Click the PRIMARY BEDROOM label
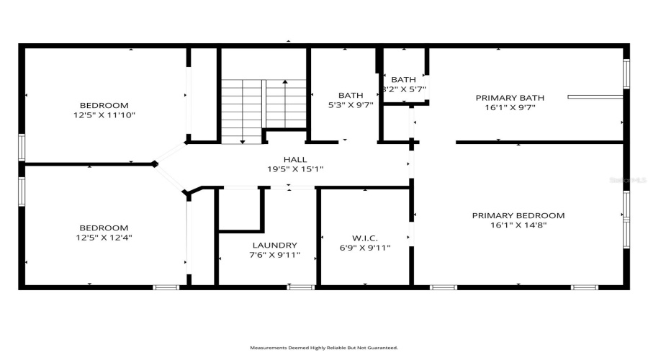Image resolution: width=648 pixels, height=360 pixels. click(x=518, y=215)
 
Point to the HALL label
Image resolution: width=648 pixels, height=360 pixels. click(x=294, y=160)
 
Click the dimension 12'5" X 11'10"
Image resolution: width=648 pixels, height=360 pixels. click(x=104, y=114)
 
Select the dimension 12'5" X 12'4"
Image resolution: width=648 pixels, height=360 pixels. click(x=104, y=237)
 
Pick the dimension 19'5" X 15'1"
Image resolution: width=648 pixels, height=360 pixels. click(x=294, y=169)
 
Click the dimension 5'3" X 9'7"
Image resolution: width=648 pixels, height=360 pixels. click(x=351, y=105)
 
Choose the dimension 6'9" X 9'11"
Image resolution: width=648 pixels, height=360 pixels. click(x=366, y=248)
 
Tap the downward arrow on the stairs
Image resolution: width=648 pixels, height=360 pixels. click(x=242, y=122)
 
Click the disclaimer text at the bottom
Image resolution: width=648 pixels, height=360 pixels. click(x=323, y=348)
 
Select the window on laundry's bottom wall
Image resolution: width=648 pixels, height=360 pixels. click(x=301, y=287)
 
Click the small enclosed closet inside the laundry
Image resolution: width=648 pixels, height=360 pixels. click(x=239, y=210)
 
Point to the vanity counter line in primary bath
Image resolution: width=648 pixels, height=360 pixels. click(x=595, y=96)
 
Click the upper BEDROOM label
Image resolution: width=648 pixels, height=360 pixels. click(x=104, y=104)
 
